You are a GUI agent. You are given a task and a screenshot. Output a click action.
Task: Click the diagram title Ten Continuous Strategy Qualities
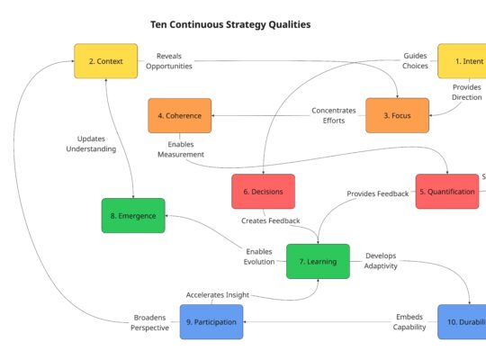coord(230,25)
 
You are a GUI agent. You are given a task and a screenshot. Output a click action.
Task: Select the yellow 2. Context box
coord(106,61)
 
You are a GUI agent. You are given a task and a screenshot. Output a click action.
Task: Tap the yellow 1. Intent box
coord(463,61)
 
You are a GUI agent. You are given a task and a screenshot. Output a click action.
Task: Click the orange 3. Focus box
coord(397,115)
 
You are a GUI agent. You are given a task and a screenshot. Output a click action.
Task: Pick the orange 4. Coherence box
coord(180,115)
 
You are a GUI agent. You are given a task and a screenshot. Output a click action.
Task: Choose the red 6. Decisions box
coord(263,191)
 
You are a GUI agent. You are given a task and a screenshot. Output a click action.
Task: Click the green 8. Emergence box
coord(133,215)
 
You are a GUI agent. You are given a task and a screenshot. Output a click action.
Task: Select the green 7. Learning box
coord(318,261)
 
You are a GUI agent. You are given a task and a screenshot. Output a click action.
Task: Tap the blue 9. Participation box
coord(211,321)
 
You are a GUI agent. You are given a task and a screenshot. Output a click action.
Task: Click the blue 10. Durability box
coord(463,321)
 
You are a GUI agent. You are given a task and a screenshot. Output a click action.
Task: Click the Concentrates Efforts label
coord(334,116)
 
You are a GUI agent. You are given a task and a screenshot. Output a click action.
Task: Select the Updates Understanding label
coord(91,144)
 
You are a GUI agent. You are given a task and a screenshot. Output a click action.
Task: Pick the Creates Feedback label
coord(270,220)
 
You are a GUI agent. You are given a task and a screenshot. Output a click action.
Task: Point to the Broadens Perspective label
coord(150,322)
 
